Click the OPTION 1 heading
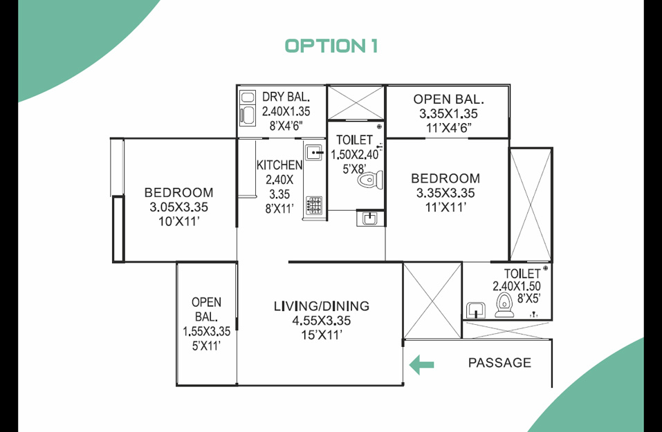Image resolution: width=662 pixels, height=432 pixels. pyautogui.click(x=331, y=46)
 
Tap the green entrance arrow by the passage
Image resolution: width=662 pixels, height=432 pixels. pyautogui.click(x=421, y=364)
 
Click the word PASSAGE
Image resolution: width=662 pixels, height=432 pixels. pyautogui.click(x=499, y=362)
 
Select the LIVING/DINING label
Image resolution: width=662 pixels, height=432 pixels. pyautogui.click(x=321, y=306)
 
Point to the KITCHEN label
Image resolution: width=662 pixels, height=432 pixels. pyautogui.click(x=279, y=165)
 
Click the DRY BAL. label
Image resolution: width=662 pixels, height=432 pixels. pyautogui.click(x=286, y=97)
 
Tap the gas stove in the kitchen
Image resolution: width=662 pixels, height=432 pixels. pyautogui.click(x=314, y=205)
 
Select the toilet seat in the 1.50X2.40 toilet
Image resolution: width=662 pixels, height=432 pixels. pyautogui.click(x=370, y=180)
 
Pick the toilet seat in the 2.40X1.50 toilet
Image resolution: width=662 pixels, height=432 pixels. pyautogui.click(x=504, y=305)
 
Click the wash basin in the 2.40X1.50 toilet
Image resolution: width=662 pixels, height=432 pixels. pyautogui.click(x=476, y=310)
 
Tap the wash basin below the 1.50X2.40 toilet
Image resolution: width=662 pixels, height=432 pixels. pyautogui.click(x=370, y=218)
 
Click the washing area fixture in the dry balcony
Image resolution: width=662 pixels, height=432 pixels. pyautogui.click(x=248, y=108)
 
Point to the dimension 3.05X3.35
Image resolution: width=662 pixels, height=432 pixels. pyautogui.click(x=178, y=207)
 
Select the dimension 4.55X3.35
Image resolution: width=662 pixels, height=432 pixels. pyautogui.click(x=321, y=321)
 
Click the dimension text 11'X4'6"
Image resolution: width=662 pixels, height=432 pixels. pyautogui.click(x=448, y=128)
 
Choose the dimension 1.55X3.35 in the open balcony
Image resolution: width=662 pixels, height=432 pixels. pyautogui.click(x=206, y=331)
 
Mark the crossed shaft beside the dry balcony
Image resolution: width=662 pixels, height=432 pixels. pyautogui.click(x=356, y=102)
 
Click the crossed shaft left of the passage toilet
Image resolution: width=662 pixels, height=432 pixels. pyautogui.click(x=432, y=301)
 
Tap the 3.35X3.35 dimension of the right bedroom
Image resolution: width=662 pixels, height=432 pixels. pyautogui.click(x=445, y=193)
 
